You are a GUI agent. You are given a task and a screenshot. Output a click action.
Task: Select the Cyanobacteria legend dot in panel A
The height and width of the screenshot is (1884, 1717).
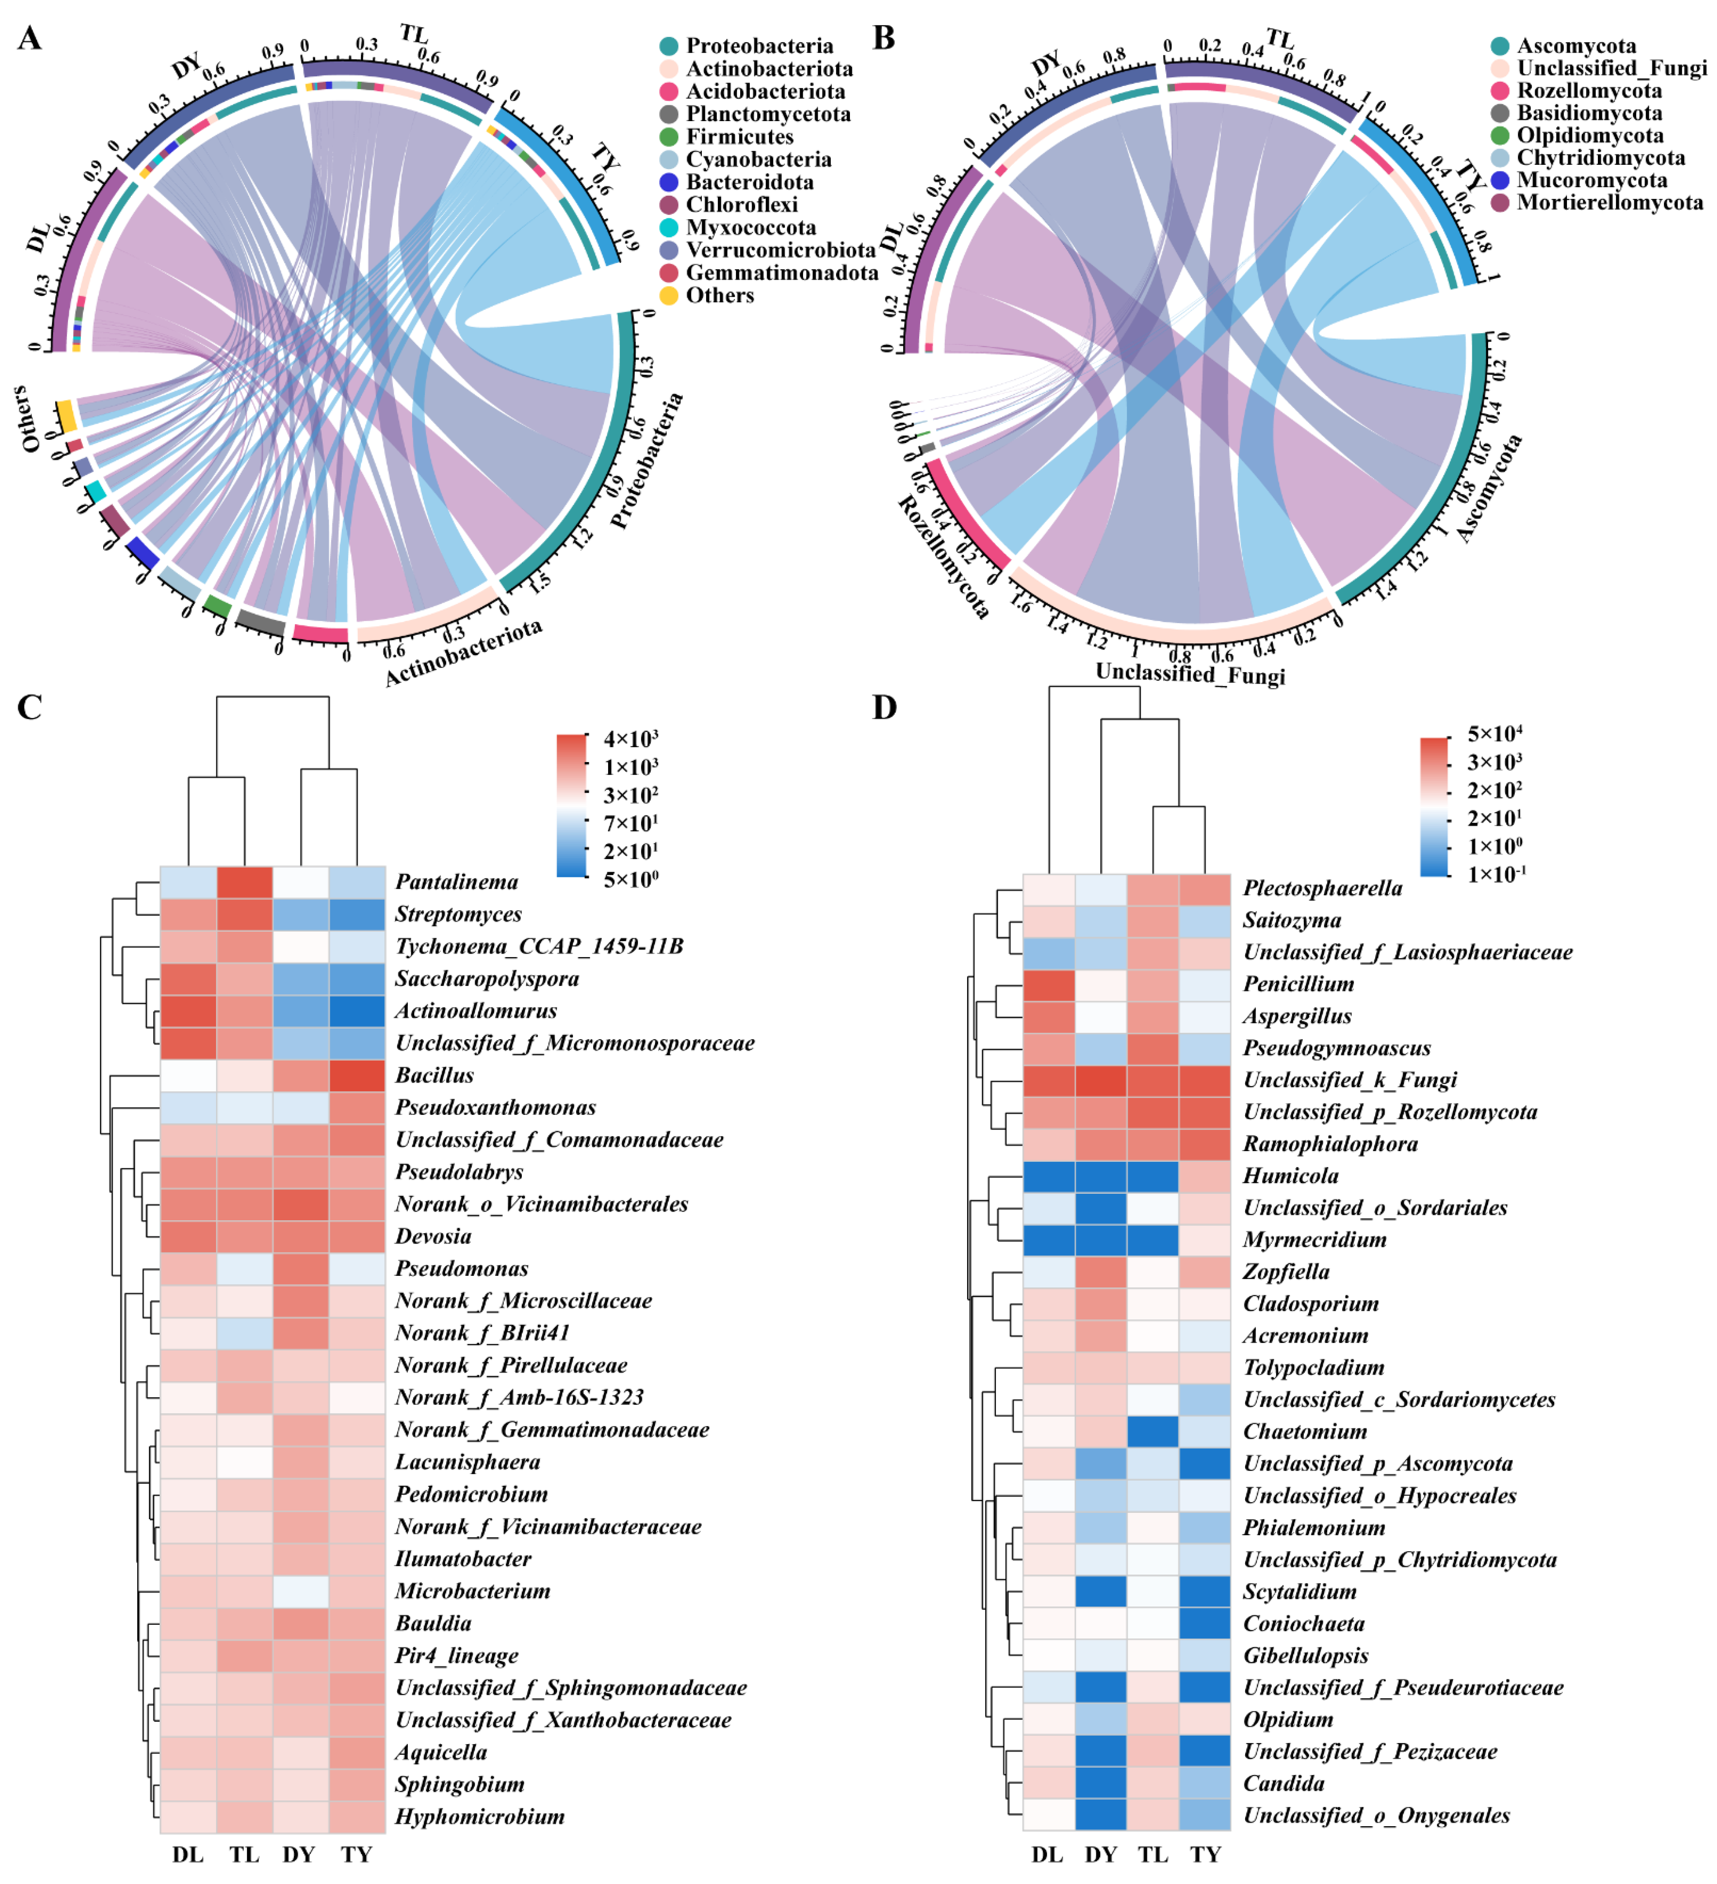pos(668,160)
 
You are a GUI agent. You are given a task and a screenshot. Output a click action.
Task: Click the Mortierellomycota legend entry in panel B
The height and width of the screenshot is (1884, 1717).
pos(1609,203)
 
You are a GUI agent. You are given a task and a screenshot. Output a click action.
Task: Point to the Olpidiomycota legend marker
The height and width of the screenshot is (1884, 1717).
pos(1499,136)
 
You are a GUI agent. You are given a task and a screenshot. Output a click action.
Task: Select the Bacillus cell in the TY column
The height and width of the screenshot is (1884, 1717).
pos(357,1075)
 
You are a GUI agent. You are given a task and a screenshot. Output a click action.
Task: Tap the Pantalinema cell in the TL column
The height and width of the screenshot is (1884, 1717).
pos(245,881)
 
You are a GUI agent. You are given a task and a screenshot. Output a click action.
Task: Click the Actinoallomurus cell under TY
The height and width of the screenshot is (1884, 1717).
pos(357,1010)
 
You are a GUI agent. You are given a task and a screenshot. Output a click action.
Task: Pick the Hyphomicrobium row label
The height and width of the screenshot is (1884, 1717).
pos(479,1816)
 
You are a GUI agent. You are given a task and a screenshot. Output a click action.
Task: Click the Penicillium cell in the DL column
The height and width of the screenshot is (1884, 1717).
pos(1048,983)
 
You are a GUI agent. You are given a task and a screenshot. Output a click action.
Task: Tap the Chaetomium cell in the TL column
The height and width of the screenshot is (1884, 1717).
pos(1153,1431)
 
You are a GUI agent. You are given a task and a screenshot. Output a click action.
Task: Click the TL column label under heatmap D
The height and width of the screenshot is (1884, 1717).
pos(1153,1854)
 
